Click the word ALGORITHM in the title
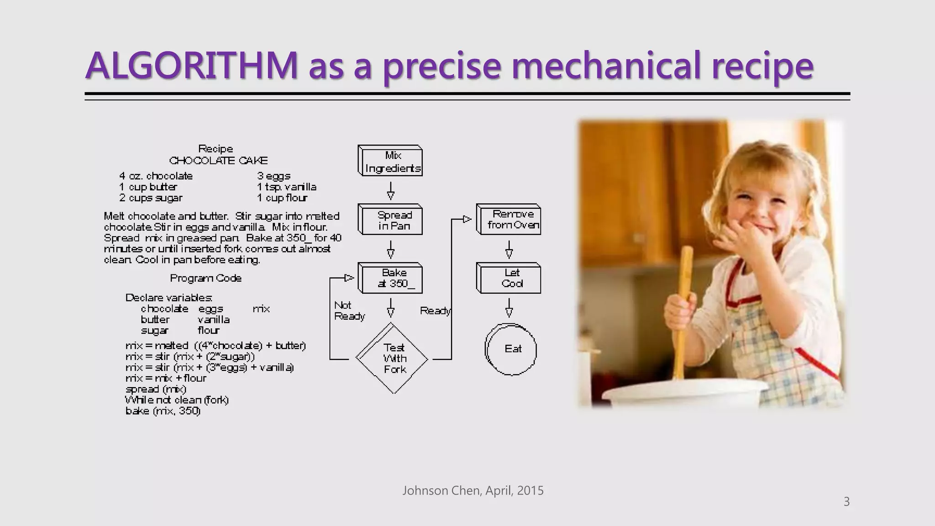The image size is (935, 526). [192, 66]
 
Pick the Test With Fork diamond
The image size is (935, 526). [393, 359]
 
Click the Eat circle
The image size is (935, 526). [511, 349]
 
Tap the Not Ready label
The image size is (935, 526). [349, 311]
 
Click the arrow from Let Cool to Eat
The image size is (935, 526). [509, 308]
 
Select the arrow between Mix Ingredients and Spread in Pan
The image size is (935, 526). [391, 190]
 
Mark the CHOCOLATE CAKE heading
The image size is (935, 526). [218, 161]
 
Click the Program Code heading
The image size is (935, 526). [205, 278]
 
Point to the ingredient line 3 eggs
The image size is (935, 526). [273, 176]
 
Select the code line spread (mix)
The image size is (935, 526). [156, 389]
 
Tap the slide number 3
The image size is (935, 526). [846, 502]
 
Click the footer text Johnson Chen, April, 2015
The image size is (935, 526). [473, 491]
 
